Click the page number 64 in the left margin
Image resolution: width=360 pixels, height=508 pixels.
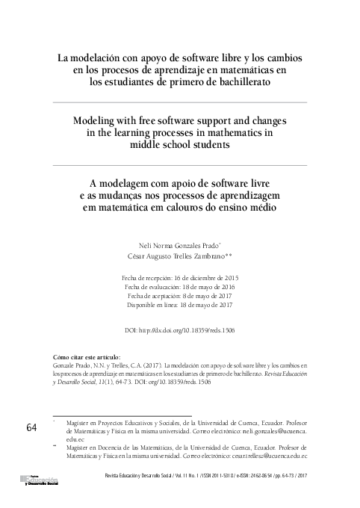(x=31, y=427)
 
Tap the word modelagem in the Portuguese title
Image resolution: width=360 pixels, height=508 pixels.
(x=124, y=182)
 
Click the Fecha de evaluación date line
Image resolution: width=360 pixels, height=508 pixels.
(x=179, y=287)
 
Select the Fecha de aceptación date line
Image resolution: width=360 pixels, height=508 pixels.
(x=179, y=296)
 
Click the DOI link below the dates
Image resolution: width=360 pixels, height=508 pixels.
(x=179, y=329)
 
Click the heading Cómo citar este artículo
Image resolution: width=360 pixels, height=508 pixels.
(x=88, y=358)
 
